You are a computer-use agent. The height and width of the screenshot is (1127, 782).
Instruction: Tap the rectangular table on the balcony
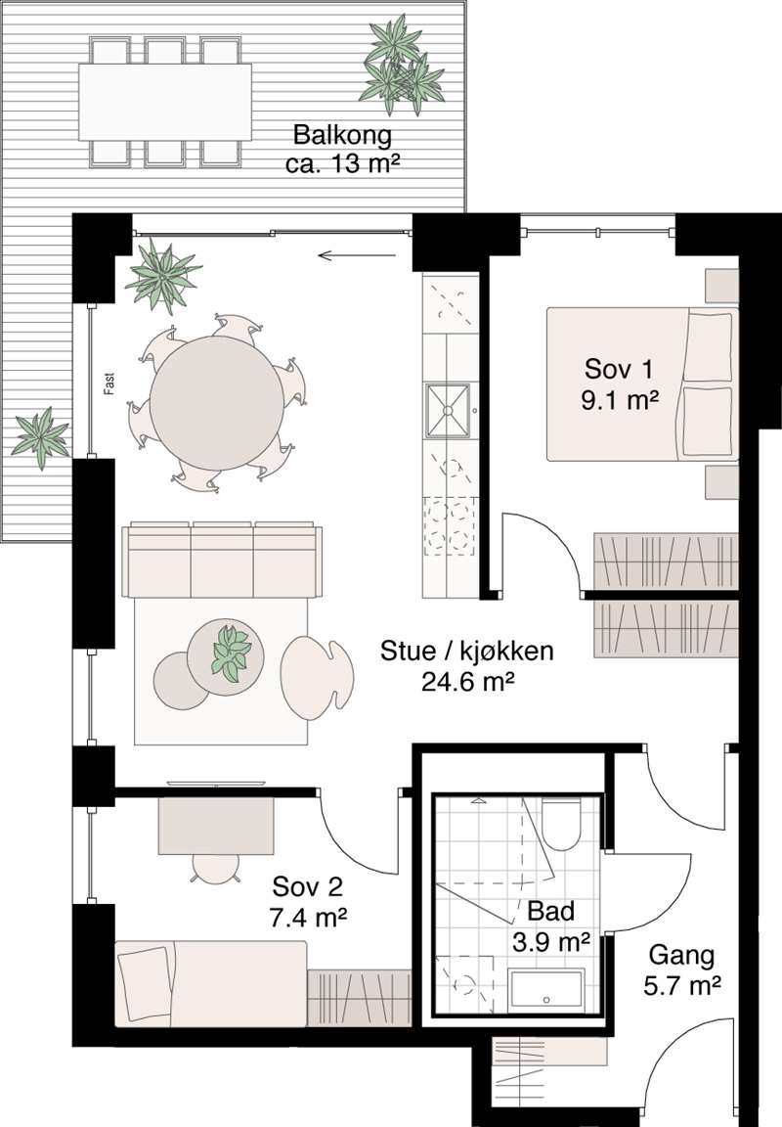pos(164,102)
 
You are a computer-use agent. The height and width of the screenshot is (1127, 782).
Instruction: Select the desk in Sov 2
pos(217,825)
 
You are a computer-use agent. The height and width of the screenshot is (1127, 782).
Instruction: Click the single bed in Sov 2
pos(210,982)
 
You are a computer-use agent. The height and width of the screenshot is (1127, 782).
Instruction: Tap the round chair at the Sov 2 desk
pos(216,869)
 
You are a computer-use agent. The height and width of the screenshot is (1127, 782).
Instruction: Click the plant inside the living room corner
pos(162,276)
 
